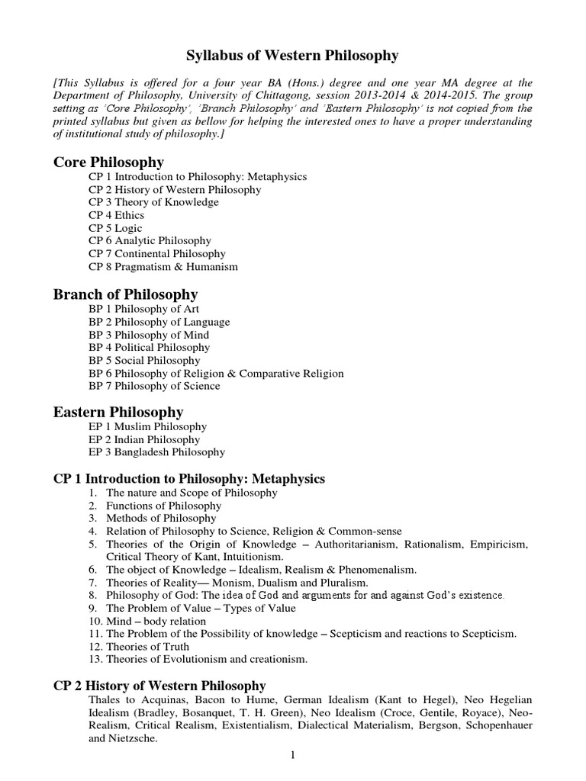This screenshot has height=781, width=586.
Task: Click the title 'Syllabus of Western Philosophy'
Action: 293,56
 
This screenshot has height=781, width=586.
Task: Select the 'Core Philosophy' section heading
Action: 108,162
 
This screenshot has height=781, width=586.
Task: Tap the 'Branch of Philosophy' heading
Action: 125,294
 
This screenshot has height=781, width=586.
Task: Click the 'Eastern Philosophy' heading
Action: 118,412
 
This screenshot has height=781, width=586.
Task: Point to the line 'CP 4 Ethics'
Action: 118,215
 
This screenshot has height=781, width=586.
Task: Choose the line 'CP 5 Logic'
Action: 116,228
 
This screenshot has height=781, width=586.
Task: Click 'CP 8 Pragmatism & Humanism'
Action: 163,267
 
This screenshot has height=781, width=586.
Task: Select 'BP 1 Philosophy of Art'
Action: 145,309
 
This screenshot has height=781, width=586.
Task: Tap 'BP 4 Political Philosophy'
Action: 152,348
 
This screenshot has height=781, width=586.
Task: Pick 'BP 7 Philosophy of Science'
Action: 154,386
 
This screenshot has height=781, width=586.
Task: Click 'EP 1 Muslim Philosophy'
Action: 148,426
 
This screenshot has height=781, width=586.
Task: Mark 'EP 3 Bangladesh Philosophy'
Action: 157,452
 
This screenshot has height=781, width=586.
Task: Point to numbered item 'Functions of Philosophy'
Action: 164,506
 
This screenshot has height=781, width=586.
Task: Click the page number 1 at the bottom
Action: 292,756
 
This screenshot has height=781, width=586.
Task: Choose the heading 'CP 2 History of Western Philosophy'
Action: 159,685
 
